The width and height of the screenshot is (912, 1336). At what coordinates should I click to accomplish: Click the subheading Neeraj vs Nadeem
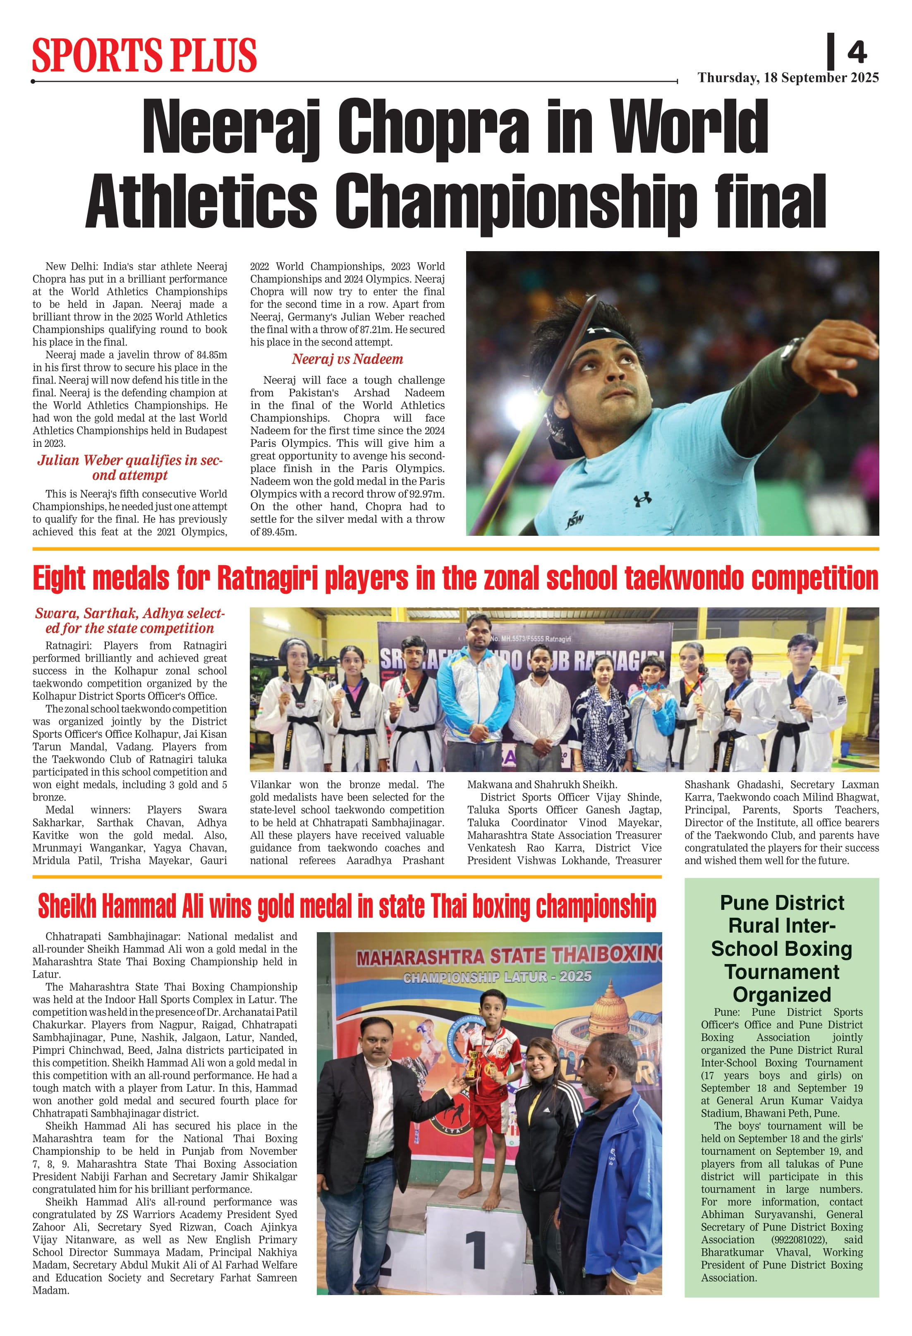pyautogui.click(x=347, y=359)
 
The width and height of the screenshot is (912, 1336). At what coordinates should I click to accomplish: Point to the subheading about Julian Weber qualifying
pyautogui.click(x=130, y=468)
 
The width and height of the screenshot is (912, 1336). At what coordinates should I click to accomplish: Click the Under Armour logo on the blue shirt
pyautogui.click(x=642, y=499)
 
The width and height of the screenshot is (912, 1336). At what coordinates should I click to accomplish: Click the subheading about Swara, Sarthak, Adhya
pyautogui.click(x=130, y=621)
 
